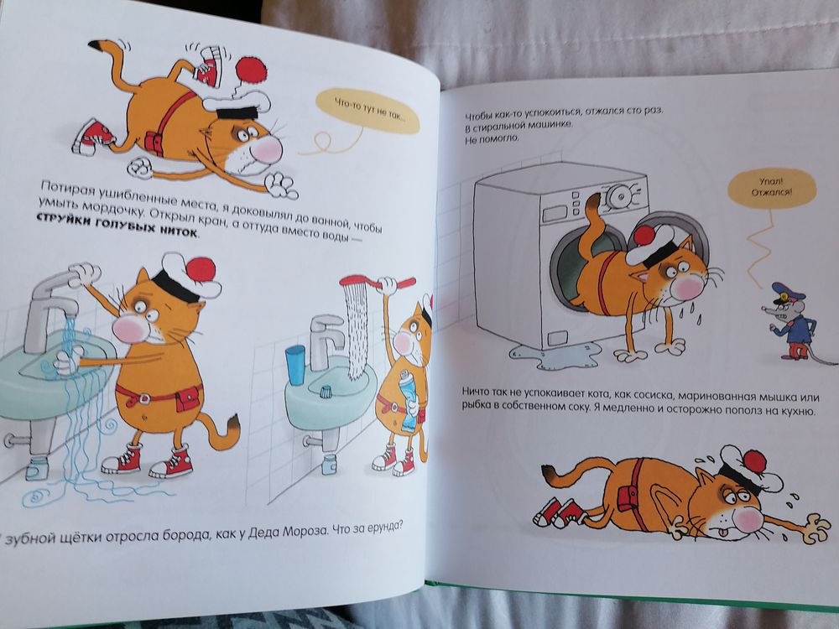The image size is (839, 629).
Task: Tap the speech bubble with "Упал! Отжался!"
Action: (772, 187)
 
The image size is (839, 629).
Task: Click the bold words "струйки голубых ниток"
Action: (117, 226)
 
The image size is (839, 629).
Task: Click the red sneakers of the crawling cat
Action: (559, 512)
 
